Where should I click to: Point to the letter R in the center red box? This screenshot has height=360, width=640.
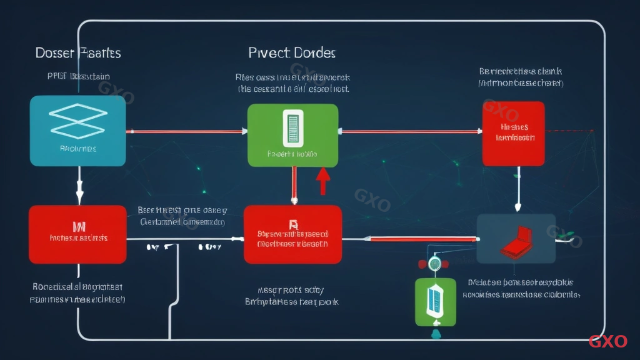(x=292, y=224)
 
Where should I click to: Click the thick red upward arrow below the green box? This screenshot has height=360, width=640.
(x=322, y=181)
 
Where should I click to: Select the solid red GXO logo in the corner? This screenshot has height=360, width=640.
(x=607, y=341)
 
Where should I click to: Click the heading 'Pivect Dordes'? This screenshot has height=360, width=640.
(x=291, y=52)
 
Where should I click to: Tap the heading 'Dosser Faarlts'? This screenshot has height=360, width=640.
(x=78, y=52)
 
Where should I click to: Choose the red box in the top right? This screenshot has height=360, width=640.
(x=513, y=134)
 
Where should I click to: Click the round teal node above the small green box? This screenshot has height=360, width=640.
(x=434, y=263)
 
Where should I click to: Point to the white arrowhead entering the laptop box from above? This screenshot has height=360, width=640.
(x=517, y=209)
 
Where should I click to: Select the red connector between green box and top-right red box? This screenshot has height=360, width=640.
(x=410, y=131)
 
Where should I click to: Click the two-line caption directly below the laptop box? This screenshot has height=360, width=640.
(x=524, y=288)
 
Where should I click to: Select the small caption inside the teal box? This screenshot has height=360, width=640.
(x=77, y=149)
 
